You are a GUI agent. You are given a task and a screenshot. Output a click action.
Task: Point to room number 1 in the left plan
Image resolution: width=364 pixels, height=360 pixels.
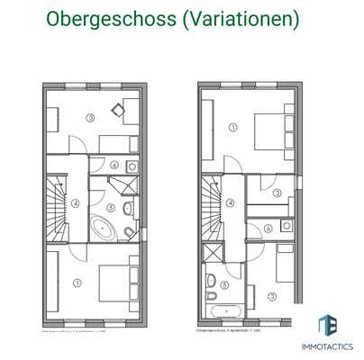[x=77, y=283]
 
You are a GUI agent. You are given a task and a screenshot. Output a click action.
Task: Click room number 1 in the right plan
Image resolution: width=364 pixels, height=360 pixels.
[x=233, y=127]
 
